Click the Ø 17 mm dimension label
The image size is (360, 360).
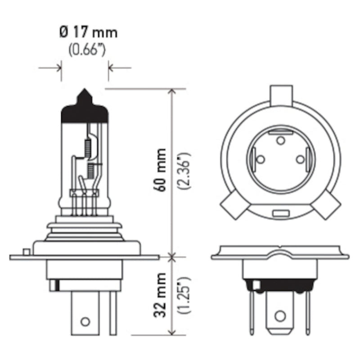(x=88, y=32)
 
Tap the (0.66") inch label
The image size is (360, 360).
(x=87, y=49)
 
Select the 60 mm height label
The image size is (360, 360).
(x=160, y=170)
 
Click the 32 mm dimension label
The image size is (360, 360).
(x=160, y=295)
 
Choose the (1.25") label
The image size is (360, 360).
(x=184, y=295)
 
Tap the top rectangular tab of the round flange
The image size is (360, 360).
(x=281, y=95)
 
